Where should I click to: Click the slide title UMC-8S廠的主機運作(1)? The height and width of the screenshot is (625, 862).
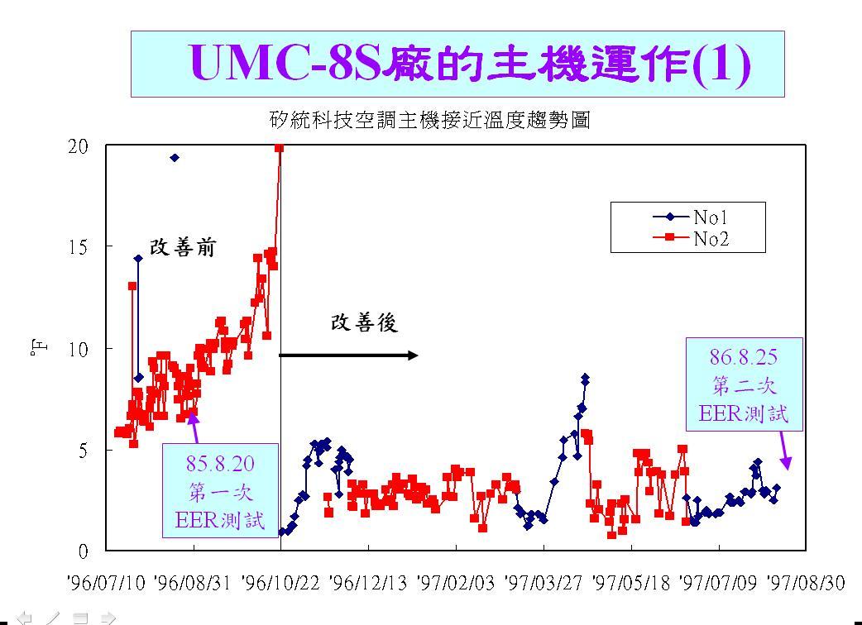tap(470, 64)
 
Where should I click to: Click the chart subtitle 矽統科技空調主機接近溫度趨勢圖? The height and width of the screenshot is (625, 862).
tap(430, 120)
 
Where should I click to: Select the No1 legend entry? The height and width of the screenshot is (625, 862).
tap(691, 217)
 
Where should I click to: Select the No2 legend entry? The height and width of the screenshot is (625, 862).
tap(691, 238)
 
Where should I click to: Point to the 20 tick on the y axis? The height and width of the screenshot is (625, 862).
tap(78, 146)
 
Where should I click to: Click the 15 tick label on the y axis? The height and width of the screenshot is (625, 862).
tap(78, 247)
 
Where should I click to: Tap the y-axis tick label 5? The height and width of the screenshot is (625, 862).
tap(83, 451)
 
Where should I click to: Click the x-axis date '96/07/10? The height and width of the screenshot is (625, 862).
tap(106, 583)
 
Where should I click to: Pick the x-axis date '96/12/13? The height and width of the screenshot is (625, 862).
tap(368, 583)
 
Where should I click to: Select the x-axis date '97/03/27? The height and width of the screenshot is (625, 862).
tap(544, 583)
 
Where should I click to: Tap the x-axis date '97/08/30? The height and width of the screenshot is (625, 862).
tap(806, 583)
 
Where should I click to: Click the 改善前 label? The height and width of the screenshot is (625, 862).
tap(183, 248)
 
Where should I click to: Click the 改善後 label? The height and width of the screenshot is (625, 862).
tap(364, 323)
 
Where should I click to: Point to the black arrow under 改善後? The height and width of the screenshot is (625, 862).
tap(348, 355)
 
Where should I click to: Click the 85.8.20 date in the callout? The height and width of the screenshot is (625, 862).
tap(220, 464)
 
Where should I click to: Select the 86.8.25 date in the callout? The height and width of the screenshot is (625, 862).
tap(744, 357)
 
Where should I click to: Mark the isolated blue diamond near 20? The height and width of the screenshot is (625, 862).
tap(175, 158)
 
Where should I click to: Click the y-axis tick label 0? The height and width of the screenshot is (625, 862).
tap(83, 551)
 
